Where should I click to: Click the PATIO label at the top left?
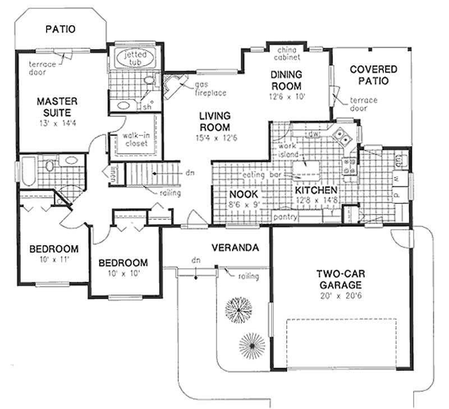(x=60, y=29)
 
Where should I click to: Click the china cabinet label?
(x=287, y=54)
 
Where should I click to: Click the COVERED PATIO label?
(x=373, y=75)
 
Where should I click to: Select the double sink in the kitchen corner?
(x=343, y=136)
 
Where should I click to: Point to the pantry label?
(x=285, y=216)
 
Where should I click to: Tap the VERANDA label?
(x=235, y=248)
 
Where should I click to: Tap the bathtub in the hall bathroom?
(x=29, y=171)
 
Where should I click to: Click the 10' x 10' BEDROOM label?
(x=123, y=267)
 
